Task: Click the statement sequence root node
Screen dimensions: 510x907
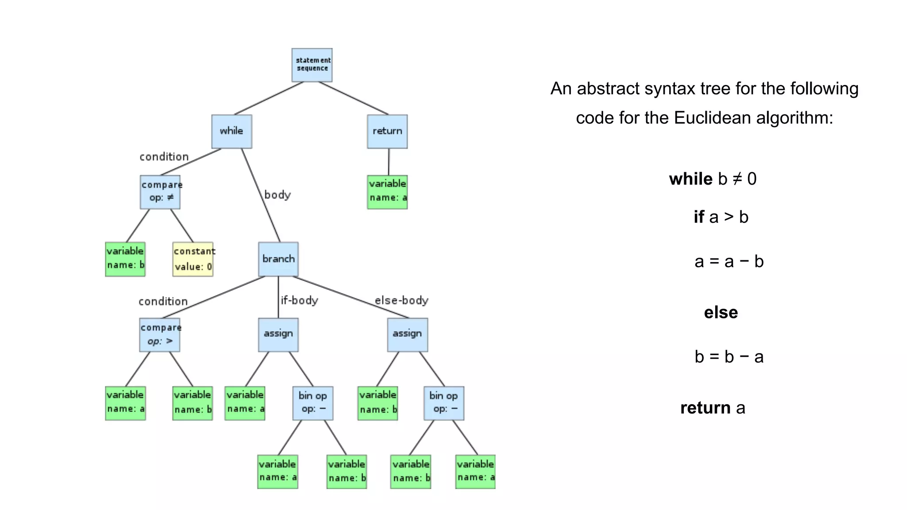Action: point(312,65)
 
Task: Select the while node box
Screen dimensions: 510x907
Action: point(232,131)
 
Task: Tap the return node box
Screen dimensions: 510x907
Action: point(387,131)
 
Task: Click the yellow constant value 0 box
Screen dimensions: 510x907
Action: point(193,259)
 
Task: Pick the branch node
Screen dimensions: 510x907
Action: point(278,259)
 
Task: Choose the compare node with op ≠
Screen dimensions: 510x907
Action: point(160,192)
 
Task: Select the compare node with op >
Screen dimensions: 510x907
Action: point(159,335)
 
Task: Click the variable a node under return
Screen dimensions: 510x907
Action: point(387,192)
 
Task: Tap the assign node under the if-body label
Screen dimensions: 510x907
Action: point(278,335)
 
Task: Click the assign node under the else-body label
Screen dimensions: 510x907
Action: point(407,335)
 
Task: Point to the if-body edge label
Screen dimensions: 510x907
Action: point(299,301)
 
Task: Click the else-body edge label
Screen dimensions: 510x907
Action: point(401,301)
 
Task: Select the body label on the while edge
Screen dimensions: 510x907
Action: point(277,195)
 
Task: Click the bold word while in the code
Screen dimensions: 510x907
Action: point(690,179)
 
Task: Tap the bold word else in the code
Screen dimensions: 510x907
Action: point(721,313)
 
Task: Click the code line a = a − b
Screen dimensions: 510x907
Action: point(729,262)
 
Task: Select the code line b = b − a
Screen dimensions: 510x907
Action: point(729,357)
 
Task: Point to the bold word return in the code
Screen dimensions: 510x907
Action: point(705,408)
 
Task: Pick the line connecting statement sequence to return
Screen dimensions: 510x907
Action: point(353,98)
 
